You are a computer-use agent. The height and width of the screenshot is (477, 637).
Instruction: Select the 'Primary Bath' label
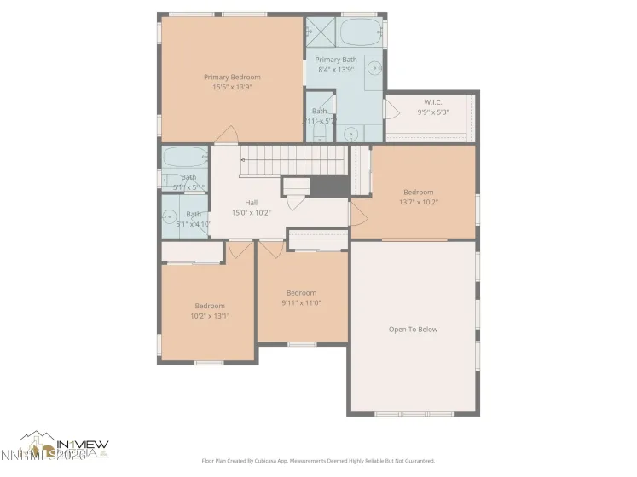336,60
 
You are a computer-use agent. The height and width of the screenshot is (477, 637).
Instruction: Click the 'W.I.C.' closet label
433,102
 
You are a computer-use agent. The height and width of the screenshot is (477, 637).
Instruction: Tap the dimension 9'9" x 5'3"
433,112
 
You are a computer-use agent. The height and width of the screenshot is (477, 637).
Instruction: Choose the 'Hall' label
252,203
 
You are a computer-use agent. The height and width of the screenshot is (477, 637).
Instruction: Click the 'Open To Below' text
413,330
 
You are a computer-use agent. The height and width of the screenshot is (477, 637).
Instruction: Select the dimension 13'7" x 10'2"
418,202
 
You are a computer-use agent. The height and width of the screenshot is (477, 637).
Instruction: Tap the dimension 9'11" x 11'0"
301,302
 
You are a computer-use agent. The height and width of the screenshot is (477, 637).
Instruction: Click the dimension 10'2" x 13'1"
210,316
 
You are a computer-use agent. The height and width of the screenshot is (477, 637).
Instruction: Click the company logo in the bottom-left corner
64,444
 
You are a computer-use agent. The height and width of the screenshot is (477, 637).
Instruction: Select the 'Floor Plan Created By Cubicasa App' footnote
318,460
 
